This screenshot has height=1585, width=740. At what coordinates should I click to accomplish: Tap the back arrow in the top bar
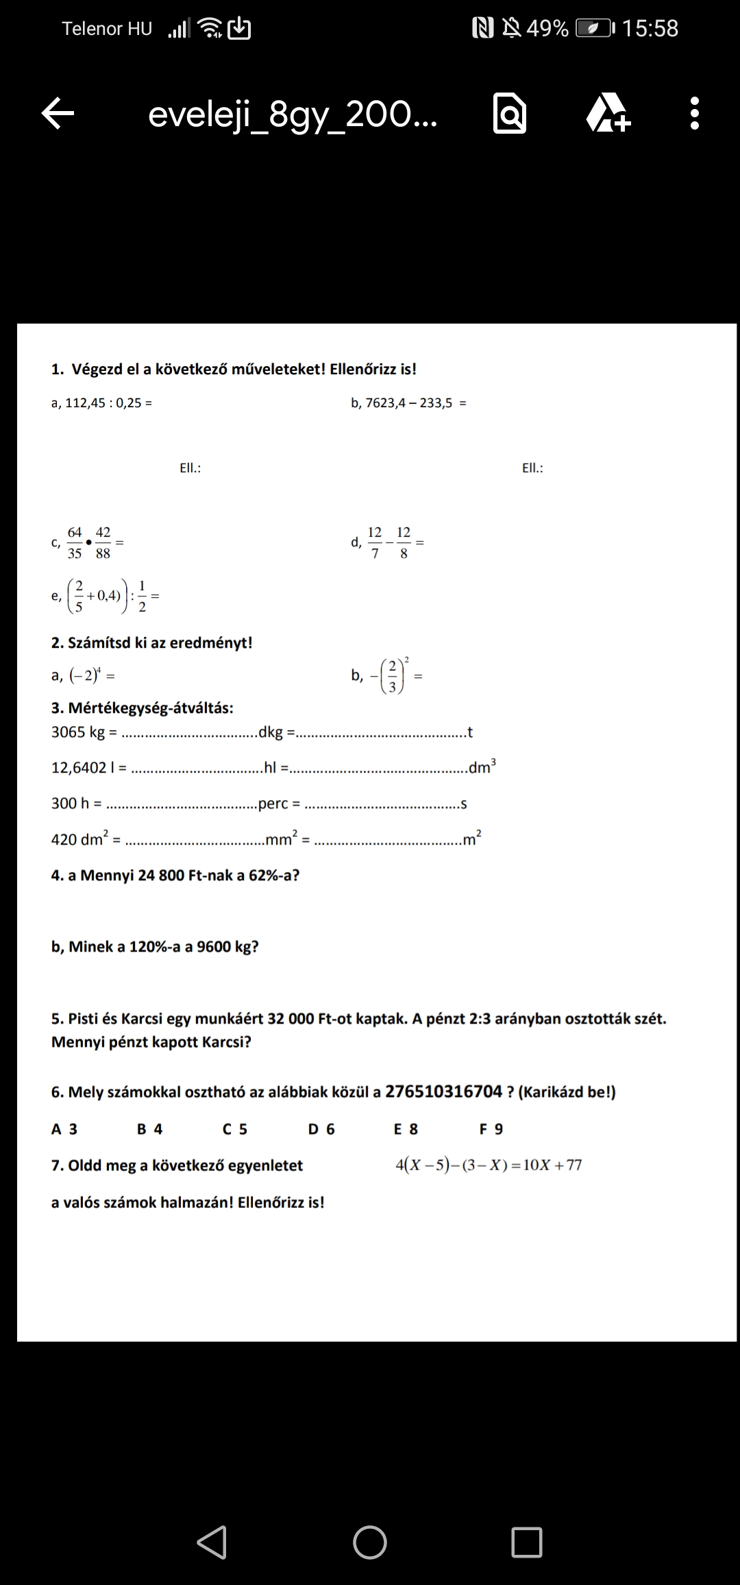[x=58, y=113]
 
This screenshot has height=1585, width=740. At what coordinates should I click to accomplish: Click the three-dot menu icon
[x=694, y=113]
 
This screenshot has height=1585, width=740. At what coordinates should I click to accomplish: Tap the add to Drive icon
[x=608, y=113]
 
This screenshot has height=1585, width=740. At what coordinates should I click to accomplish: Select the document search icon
[x=510, y=114]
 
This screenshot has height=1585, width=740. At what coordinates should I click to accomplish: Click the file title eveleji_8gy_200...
[x=293, y=114]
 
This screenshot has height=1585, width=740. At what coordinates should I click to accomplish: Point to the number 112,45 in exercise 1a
[x=86, y=403]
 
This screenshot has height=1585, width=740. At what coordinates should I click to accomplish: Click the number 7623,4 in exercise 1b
[x=384, y=403]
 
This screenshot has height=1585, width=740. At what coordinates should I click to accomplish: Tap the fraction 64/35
[x=75, y=542]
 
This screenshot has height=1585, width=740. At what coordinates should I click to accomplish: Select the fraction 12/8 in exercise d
[x=404, y=542]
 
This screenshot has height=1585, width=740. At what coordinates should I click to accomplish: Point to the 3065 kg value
[x=78, y=732]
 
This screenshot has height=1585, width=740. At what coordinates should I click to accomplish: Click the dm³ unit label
[x=482, y=766]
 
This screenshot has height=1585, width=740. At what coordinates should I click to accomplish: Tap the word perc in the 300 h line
[x=273, y=803]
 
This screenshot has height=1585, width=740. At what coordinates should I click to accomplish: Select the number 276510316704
[x=444, y=1091]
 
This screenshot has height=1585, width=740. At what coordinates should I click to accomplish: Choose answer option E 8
[x=406, y=1129]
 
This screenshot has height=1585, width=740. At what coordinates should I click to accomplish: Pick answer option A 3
[x=64, y=1129]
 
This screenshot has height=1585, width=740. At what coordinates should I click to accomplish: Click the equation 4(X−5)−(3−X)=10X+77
[x=489, y=1165]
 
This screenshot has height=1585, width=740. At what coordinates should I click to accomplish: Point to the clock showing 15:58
[x=650, y=28]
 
